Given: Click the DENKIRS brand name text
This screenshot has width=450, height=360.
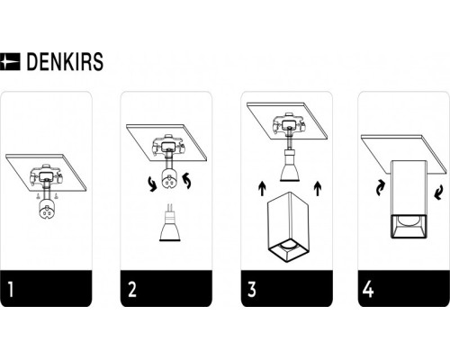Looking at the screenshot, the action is [x=65, y=62].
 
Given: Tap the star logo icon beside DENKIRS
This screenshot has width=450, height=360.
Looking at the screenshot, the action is [x=10, y=62].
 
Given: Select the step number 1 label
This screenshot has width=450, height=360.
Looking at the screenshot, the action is [x=11, y=289].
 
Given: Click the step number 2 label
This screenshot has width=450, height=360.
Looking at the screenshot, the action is [x=132, y=289].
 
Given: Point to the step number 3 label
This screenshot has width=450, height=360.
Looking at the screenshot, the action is [x=252, y=289].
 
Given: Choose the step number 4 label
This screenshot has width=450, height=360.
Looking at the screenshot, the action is [x=368, y=289].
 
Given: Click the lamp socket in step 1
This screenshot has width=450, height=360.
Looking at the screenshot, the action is [x=46, y=209].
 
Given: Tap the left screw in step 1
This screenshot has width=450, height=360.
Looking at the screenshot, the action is [x=37, y=196].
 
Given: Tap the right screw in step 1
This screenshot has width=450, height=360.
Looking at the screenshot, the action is [x=56, y=196].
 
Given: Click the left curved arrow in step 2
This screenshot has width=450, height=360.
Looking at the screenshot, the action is [x=153, y=184].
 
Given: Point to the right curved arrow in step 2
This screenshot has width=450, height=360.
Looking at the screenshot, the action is [x=187, y=181].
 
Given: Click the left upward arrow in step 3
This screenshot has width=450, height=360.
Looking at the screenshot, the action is [x=262, y=188].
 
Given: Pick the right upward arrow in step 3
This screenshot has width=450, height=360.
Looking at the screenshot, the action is [x=318, y=188].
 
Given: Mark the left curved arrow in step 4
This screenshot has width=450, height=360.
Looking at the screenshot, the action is [x=381, y=188].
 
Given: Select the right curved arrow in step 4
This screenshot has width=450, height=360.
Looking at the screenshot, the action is [x=438, y=193].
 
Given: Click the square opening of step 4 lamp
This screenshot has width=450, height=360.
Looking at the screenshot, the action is [x=409, y=227].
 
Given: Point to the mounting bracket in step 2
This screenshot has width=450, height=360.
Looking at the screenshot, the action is [x=168, y=146].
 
